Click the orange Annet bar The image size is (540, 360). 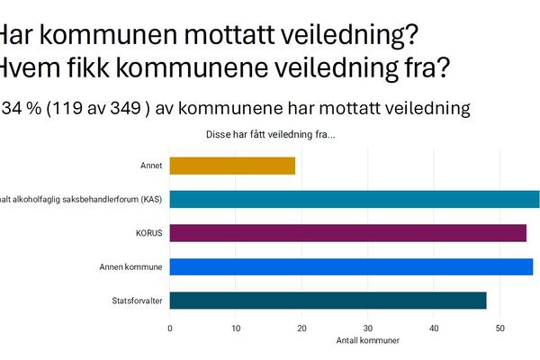[x=232, y=166]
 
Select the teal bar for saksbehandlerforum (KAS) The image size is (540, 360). [x=355, y=199]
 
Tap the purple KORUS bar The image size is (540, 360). [x=347, y=233]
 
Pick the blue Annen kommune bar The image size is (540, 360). [x=351, y=266]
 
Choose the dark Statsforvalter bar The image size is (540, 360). [x=328, y=301]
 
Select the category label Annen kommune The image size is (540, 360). [x=130, y=267]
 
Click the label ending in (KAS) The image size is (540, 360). [x=81, y=199]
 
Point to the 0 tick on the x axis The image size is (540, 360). [x=170, y=328]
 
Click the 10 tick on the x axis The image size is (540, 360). [x=236, y=328]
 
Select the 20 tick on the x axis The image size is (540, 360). [x=302, y=328]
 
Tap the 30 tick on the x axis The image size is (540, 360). [x=368, y=328]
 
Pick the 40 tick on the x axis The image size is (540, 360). [x=434, y=328]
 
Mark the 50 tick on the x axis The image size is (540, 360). [x=500, y=328]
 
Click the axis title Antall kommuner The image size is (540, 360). [x=367, y=340]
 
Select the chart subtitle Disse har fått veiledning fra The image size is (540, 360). [x=271, y=135]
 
